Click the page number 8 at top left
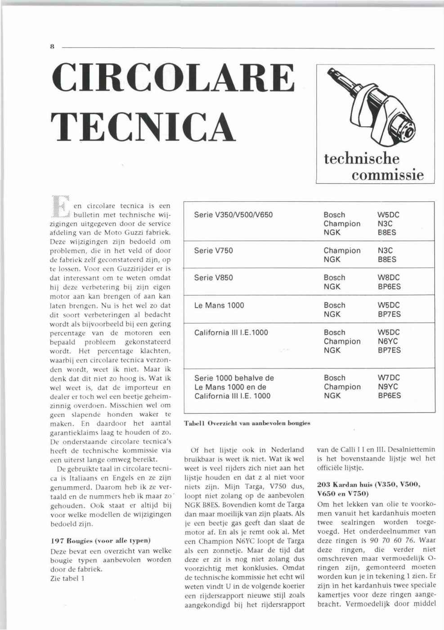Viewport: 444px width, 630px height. click(x=52, y=46)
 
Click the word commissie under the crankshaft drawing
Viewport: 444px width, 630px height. click(x=388, y=174)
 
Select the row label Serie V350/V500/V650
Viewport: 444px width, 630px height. click(x=233, y=215)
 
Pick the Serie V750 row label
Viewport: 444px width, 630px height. click(x=213, y=251)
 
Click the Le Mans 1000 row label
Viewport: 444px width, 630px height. click(x=219, y=305)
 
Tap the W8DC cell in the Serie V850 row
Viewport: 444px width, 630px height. click(x=389, y=278)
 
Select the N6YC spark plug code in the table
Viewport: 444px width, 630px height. click(x=388, y=342)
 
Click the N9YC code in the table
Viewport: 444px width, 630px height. click(x=388, y=387)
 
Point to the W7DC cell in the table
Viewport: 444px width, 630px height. click(x=389, y=378)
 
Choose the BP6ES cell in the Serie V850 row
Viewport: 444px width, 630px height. click(x=390, y=287)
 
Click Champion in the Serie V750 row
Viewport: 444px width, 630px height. click(x=342, y=251)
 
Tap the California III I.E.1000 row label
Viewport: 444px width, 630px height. click(x=231, y=333)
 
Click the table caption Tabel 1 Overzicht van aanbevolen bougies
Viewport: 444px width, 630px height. click(x=247, y=423)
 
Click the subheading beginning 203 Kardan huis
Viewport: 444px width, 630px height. click(x=368, y=489)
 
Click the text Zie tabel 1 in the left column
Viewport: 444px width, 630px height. click(x=67, y=578)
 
